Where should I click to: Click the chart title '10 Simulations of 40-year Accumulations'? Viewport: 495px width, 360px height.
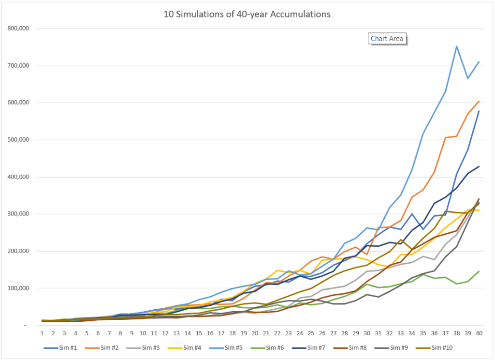[247, 15]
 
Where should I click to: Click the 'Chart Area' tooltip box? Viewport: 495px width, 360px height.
[387, 39]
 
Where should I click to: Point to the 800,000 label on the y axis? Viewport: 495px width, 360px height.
[19, 29]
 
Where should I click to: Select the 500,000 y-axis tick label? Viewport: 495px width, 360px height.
[19, 140]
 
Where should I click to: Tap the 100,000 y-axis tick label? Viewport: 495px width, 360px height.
[19, 288]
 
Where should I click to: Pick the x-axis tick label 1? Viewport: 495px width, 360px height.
[42, 333]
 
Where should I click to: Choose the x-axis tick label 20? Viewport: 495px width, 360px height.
[255, 333]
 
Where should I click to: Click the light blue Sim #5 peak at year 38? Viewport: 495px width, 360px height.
[456, 46]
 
